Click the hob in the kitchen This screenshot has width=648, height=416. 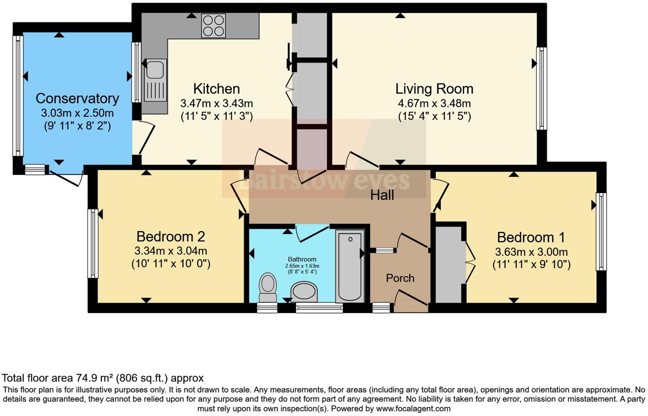pyautogui.click(x=213, y=26)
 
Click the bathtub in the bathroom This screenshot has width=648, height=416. pyautogui.click(x=350, y=266)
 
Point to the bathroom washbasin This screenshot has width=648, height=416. pyautogui.click(x=304, y=292)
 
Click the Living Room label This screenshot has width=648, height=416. pyautogui.click(x=434, y=89)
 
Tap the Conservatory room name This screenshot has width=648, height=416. pyautogui.click(x=77, y=98)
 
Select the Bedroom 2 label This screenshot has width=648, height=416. pyautogui.click(x=171, y=237)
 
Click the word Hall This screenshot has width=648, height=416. pyautogui.click(x=382, y=195)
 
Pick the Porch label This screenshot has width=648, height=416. pyautogui.click(x=400, y=278)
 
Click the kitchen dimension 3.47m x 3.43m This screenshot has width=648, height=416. pyautogui.click(x=217, y=104)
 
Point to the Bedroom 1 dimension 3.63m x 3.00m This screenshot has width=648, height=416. pyautogui.click(x=531, y=252)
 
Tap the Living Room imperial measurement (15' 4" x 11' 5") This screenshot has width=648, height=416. pyautogui.click(x=434, y=116)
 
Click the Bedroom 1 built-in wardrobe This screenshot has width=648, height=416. pyautogui.click(x=448, y=264)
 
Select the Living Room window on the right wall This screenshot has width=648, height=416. pyautogui.click(x=541, y=88)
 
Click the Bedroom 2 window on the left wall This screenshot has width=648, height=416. pyautogui.click(x=93, y=243)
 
